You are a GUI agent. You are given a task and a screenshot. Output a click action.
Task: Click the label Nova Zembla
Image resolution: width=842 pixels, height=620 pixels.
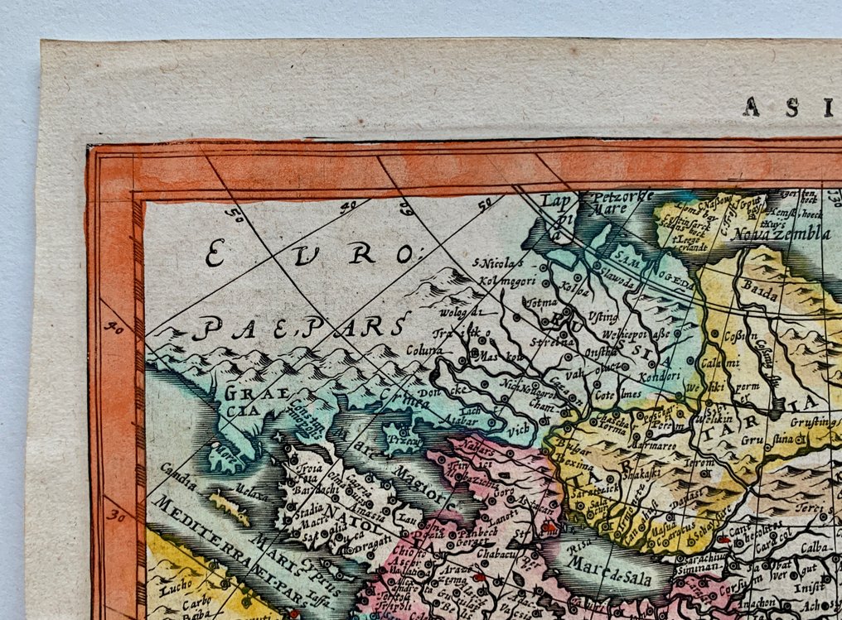pos(781,234)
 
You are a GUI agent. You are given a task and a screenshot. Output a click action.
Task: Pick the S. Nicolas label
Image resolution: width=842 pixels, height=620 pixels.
pos(498,265)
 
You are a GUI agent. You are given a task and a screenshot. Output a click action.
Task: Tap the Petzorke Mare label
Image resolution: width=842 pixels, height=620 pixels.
pos(619,203)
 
